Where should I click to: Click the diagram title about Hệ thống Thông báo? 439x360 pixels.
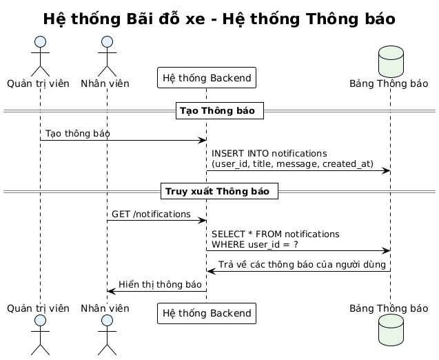click(x=218, y=19)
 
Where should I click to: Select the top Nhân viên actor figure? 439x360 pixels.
click(x=107, y=54)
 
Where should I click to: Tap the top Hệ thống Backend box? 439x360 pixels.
click(x=207, y=78)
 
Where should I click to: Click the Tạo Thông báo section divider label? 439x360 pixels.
click(x=218, y=110)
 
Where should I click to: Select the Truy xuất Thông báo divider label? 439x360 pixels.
click(x=218, y=190)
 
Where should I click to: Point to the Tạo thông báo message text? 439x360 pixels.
click(x=77, y=132)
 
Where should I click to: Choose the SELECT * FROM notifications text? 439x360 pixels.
click(x=276, y=234)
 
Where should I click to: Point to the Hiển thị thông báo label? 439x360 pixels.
click(x=160, y=284)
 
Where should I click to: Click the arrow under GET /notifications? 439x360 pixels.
click(x=156, y=221)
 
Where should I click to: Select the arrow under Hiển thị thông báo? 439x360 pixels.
click(x=156, y=291)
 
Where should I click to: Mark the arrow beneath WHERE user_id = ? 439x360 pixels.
click(x=298, y=251)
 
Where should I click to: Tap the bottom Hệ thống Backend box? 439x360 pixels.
click(x=207, y=313)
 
